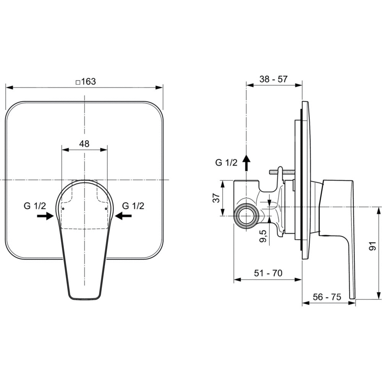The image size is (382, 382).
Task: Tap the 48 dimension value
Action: click(x=84, y=144)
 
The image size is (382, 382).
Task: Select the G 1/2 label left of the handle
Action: click(x=35, y=206)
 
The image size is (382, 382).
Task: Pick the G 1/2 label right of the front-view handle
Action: click(x=133, y=206)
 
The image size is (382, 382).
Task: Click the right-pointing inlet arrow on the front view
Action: click(x=45, y=215)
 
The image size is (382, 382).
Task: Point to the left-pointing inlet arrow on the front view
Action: click(x=123, y=215)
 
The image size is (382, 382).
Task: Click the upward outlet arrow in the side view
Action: click(x=246, y=163)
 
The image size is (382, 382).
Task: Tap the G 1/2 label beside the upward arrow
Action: click(x=226, y=162)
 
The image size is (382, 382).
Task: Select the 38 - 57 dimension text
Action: click(x=274, y=79)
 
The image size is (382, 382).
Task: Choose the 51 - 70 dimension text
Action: click(x=268, y=273)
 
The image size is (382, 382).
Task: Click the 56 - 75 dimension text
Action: click(x=327, y=297)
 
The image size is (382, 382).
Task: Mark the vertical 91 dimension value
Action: click(x=373, y=246)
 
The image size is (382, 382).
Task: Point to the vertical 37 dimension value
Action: click(x=216, y=198)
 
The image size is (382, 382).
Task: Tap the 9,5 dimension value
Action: click(x=263, y=236)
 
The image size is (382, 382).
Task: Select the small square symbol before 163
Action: click(x=78, y=83)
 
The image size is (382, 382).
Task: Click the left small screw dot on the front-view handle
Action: click(x=63, y=209)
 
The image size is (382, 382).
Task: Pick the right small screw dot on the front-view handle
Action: click(x=106, y=209)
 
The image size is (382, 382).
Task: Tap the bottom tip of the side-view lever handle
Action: click(x=353, y=298)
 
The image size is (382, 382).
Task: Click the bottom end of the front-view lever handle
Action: click(x=84, y=299)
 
